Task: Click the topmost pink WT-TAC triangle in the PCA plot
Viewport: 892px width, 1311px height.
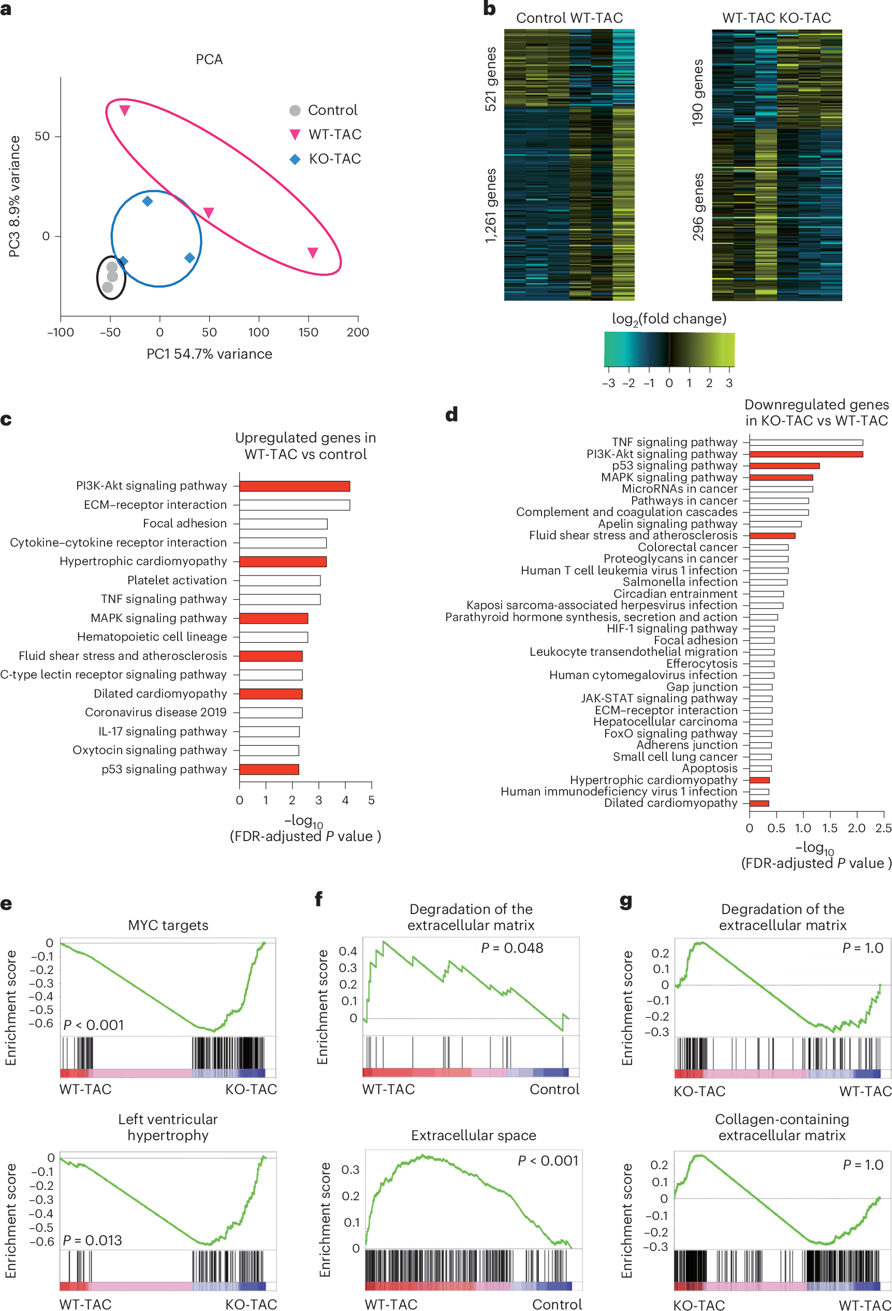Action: pyautogui.click(x=125, y=111)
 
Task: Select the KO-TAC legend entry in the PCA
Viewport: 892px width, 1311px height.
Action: pyautogui.click(x=334, y=159)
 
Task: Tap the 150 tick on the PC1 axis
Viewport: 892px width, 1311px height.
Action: pyautogui.click(x=308, y=332)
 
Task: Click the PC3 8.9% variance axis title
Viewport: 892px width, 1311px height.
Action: pyautogui.click(x=14, y=196)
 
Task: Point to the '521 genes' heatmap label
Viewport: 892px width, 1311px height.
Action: pyautogui.click(x=491, y=79)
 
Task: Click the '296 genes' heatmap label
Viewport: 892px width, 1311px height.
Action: pyautogui.click(x=698, y=207)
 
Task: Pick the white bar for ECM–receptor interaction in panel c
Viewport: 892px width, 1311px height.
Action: pyautogui.click(x=294, y=505)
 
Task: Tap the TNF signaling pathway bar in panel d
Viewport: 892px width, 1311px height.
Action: pyautogui.click(x=805, y=443)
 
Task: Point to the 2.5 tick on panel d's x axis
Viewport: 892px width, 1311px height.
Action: pyautogui.click(x=883, y=828)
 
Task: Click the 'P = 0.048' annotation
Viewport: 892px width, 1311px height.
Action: pyautogui.click(x=511, y=948)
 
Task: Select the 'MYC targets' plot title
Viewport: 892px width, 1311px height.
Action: pyautogui.click(x=168, y=925)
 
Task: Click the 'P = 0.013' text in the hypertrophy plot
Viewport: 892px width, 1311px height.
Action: pyautogui.click(x=92, y=1241)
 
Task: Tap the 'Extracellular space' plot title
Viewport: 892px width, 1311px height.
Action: pyautogui.click(x=473, y=1136)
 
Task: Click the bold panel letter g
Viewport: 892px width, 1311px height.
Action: pyautogui.click(x=625, y=901)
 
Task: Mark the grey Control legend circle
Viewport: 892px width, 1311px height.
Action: pyautogui.click(x=295, y=111)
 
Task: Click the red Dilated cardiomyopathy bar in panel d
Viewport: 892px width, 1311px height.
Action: pyautogui.click(x=759, y=803)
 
